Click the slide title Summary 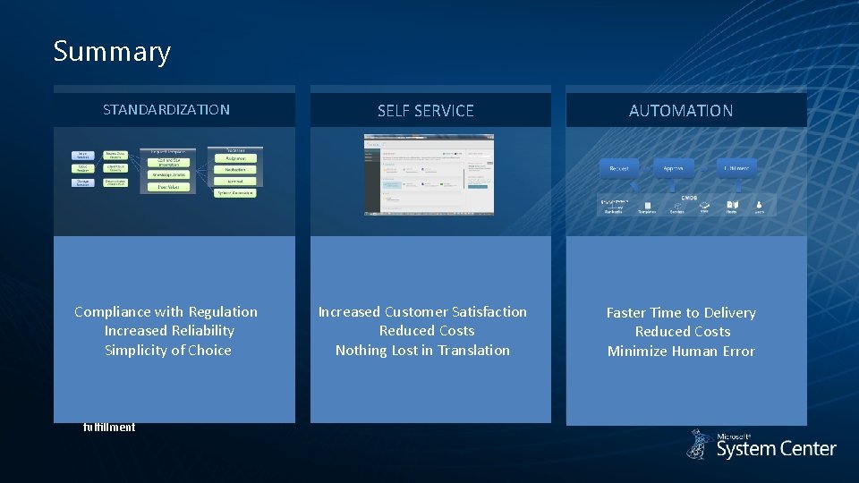point(111,51)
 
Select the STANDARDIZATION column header point(166,110)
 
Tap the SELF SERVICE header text point(425,111)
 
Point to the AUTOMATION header point(681,111)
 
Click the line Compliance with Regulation point(166,311)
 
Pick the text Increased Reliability point(168,331)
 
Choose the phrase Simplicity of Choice point(168,351)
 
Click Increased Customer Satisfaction point(422,311)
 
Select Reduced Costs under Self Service point(426,331)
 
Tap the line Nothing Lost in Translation point(422,351)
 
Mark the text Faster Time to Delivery point(681,312)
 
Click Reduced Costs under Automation point(683,332)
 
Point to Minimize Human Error point(681,352)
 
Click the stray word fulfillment point(109,428)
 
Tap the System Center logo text point(776,449)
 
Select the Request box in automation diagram point(619,168)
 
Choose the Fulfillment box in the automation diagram point(736,168)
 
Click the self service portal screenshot point(429,174)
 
